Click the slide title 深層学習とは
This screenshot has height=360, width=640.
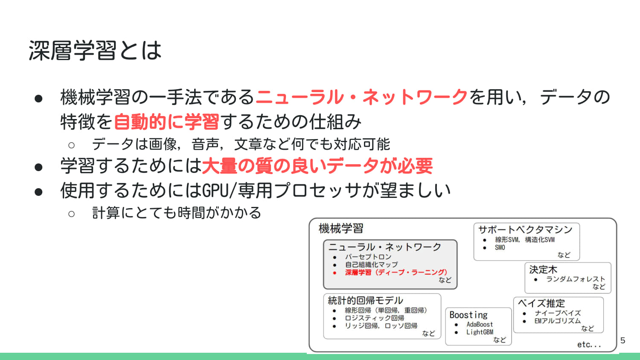tap(95, 50)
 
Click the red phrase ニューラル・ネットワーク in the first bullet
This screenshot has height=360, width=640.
tap(361, 97)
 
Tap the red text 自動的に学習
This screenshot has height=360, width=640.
tap(166, 122)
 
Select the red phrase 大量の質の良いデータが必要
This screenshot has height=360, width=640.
tap(317, 166)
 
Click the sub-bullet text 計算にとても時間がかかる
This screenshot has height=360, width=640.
tap(177, 212)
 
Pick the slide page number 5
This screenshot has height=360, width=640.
tap(623, 340)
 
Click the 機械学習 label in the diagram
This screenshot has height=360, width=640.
tap(341, 229)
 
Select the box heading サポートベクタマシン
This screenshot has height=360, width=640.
tap(525, 229)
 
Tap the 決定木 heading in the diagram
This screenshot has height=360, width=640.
tap(543, 270)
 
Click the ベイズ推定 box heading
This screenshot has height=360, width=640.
tap(541, 303)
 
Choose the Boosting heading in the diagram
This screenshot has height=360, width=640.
tap(468, 315)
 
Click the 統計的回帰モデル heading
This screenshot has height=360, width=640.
tap(365, 300)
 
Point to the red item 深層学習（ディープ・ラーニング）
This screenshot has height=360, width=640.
tap(396, 272)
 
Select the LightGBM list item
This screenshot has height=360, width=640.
tap(480, 332)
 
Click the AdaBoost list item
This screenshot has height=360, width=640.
tap(480, 324)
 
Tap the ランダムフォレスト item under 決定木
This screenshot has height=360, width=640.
tap(575, 279)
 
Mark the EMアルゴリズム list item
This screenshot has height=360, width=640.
tap(557, 321)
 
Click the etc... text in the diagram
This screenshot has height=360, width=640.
tap(589, 345)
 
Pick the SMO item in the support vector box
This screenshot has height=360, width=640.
tap(500, 247)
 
